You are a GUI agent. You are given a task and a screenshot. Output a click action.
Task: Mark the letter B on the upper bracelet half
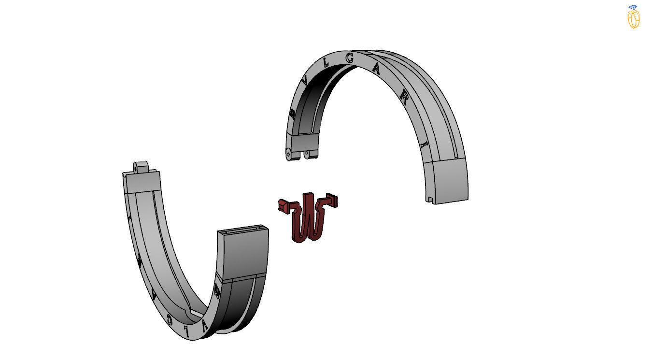tap(292, 114)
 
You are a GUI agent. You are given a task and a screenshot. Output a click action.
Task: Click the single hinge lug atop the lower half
tap(140, 167)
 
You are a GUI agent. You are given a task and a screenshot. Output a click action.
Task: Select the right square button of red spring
tap(333, 199)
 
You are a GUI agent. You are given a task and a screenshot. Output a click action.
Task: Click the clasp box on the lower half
tap(243, 252)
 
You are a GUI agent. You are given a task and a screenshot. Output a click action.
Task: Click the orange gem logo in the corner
tap(634, 17)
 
